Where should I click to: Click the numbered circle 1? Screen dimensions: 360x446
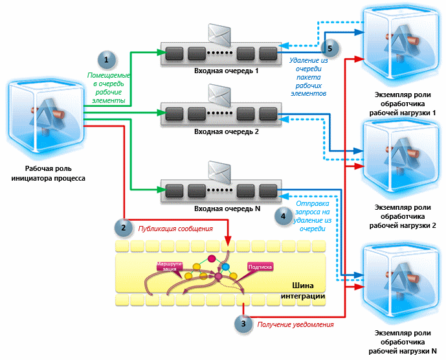(106, 60)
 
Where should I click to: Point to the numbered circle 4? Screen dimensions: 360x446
(282, 216)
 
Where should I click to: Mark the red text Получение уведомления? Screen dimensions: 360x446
(295, 324)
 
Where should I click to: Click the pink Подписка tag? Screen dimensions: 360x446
(262, 266)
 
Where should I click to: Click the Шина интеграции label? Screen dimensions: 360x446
(302, 291)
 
